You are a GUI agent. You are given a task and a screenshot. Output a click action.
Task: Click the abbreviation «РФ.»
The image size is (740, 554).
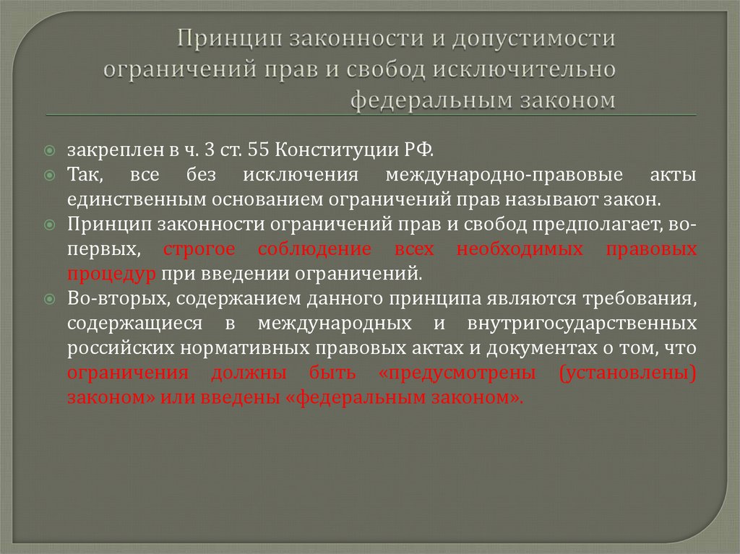[419, 150]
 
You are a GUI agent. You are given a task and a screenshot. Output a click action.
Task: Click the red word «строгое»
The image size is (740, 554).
[199, 249]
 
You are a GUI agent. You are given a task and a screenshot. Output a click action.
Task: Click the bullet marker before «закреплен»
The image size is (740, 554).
[48, 151]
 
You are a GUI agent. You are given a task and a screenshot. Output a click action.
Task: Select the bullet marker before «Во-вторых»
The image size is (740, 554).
[48, 299]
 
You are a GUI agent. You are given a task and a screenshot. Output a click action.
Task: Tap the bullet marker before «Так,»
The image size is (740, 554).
[48, 176]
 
